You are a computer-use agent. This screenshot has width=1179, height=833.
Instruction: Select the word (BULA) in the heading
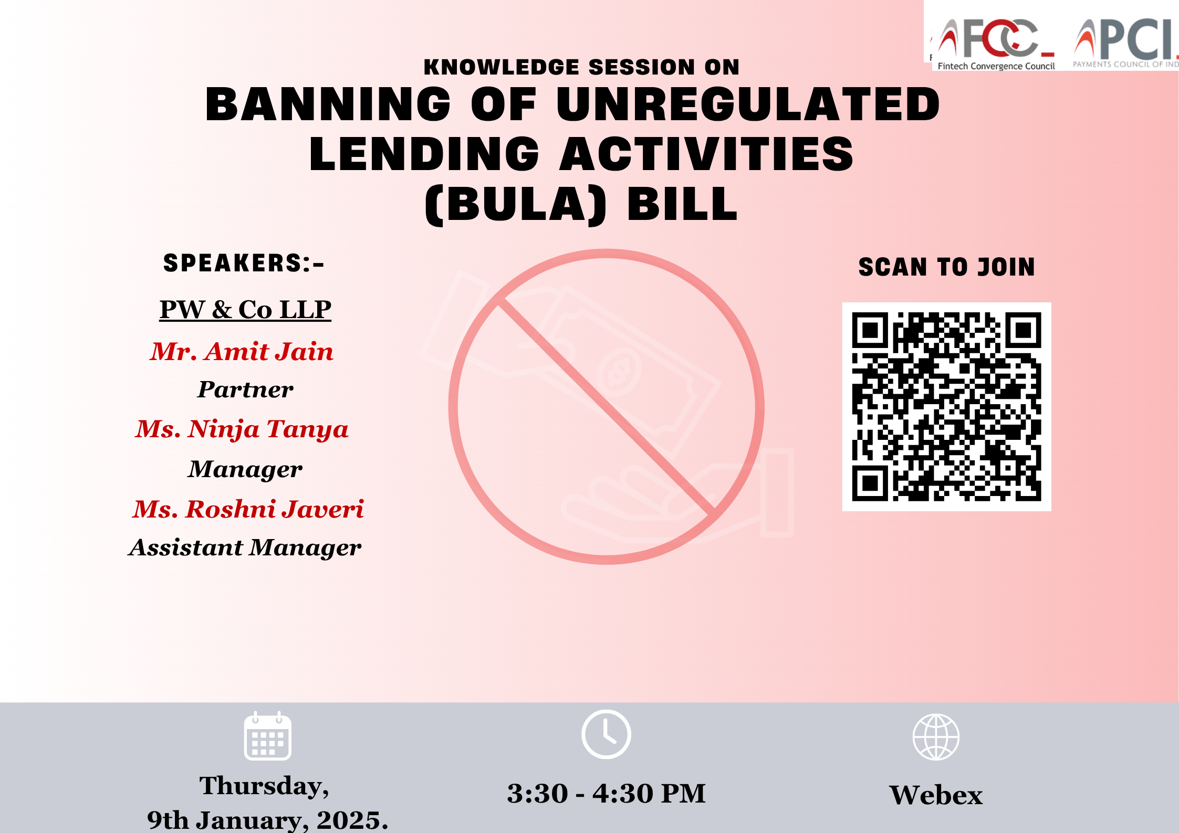click(515, 205)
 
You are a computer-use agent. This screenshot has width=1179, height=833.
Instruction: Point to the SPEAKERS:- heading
click(244, 263)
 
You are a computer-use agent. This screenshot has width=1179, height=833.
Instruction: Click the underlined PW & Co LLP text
click(245, 309)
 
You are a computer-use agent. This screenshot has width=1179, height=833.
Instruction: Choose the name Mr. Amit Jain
click(242, 351)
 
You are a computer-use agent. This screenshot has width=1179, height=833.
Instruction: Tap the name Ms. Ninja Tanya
click(242, 429)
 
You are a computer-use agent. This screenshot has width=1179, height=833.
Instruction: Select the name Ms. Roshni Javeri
click(248, 509)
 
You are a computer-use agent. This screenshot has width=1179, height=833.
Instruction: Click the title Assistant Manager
click(245, 548)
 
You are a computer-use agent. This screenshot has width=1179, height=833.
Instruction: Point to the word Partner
click(245, 389)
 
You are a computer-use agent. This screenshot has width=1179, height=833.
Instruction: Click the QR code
click(946, 407)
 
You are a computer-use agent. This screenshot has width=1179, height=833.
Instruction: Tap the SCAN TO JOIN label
click(946, 267)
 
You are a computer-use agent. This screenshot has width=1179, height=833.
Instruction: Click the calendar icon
click(267, 736)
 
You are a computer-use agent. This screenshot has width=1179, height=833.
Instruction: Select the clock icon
click(606, 734)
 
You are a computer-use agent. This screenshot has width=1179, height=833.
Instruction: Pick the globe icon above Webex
click(936, 737)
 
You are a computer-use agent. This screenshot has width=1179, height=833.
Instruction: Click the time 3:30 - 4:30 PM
click(606, 793)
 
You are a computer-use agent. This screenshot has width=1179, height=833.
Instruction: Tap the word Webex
click(936, 795)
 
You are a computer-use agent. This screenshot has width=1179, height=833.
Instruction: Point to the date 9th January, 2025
click(267, 820)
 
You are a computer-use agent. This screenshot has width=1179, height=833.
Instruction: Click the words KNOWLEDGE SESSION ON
click(581, 67)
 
